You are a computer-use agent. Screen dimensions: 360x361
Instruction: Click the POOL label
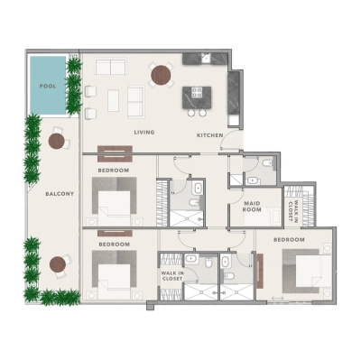pyautogui.click(x=47, y=86)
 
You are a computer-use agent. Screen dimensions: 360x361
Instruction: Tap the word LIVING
pyautogui.click(x=144, y=133)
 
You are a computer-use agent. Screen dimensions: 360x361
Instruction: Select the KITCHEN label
pyautogui.click(x=209, y=135)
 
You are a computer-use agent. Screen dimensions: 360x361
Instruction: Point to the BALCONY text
pyautogui.click(x=60, y=194)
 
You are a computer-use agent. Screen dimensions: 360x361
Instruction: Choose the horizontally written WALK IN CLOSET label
pyautogui.click(x=171, y=275)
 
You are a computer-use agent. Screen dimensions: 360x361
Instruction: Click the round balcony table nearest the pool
pyautogui.click(x=58, y=140)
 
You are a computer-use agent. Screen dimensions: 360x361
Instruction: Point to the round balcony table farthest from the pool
pyautogui.click(x=59, y=263)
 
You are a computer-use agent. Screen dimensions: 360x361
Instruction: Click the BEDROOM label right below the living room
pyautogui.click(x=114, y=170)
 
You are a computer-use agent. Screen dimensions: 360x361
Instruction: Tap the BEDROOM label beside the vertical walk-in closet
pyautogui.click(x=289, y=240)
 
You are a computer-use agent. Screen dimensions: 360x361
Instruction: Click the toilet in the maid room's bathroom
pyautogui.click(x=268, y=163)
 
